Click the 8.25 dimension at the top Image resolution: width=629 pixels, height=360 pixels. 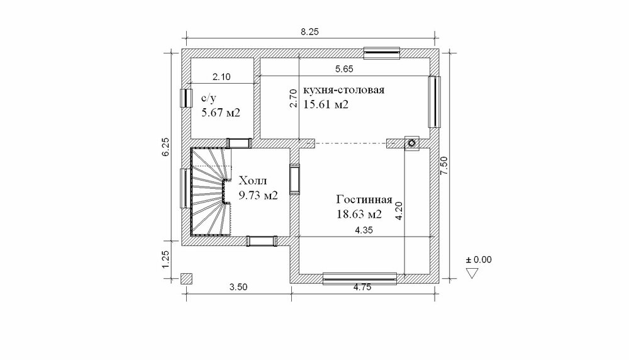tap(309, 31)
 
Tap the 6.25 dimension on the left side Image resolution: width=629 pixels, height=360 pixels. tap(166, 147)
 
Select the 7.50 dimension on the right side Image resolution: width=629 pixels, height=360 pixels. tap(444, 166)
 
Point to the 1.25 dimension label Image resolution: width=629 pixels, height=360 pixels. tap(166, 260)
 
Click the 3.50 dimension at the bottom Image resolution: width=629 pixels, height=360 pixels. tap(238, 287)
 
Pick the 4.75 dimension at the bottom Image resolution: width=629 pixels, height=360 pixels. tap(362, 287)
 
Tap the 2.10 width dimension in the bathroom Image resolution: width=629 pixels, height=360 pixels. tap(221, 77)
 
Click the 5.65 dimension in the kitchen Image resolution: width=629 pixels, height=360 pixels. tap(344, 69)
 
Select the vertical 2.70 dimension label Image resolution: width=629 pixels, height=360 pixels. tap(293, 98)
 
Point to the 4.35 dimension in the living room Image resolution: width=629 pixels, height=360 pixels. tap(364, 230)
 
